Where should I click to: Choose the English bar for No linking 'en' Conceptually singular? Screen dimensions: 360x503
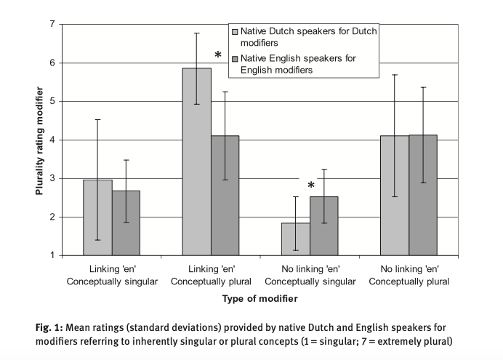[323, 225]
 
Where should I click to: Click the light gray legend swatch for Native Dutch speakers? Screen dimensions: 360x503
[234, 33]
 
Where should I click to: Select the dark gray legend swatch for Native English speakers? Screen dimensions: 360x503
[234, 58]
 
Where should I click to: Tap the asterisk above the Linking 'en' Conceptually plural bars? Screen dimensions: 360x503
[217, 56]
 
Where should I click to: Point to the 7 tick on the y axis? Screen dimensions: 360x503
[52, 25]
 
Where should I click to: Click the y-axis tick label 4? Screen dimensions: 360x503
[52, 140]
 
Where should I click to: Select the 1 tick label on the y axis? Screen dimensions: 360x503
[52, 255]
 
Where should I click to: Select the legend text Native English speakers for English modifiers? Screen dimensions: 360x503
[298, 64]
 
